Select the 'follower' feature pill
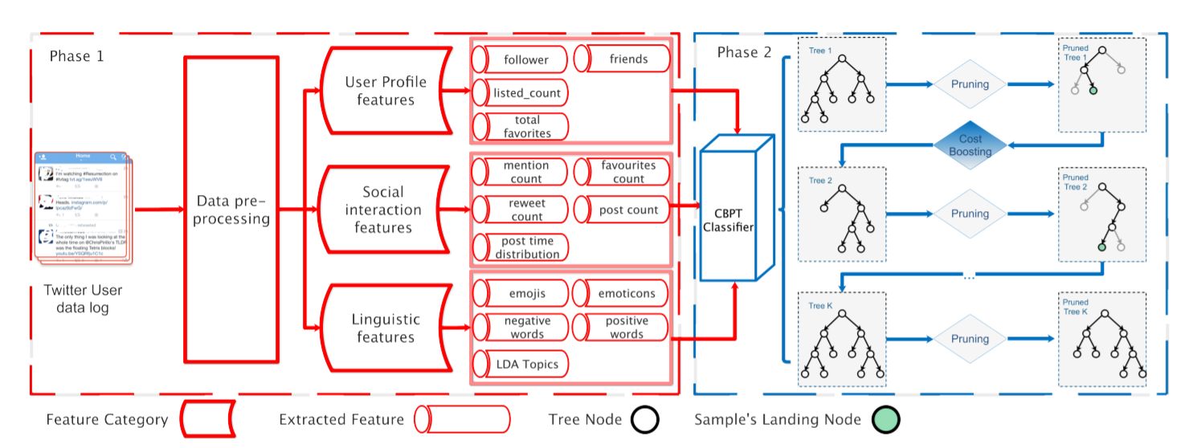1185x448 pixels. point(520,59)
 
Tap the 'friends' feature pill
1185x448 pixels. point(621,59)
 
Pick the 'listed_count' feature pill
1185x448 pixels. point(520,93)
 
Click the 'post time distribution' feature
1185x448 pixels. point(520,247)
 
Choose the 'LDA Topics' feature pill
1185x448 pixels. point(520,364)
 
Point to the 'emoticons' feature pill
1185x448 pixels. point(621,293)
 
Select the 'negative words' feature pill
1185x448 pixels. point(520,327)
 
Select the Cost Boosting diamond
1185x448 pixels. point(970,145)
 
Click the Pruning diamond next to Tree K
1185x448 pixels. point(970,339)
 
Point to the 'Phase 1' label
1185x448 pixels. point(77,56)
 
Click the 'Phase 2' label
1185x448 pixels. point(744,53)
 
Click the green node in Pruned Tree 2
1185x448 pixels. point(1101,246)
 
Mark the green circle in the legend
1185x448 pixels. point(885,419)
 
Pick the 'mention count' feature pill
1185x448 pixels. point(520,171)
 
